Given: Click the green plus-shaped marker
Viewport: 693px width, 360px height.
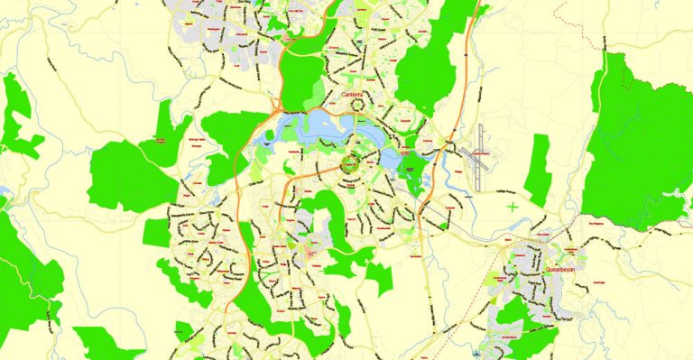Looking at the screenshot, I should pos(513,208).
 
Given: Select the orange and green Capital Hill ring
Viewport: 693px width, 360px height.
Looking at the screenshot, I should pos(350,165).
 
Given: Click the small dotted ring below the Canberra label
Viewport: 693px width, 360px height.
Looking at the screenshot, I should pos(358,106).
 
